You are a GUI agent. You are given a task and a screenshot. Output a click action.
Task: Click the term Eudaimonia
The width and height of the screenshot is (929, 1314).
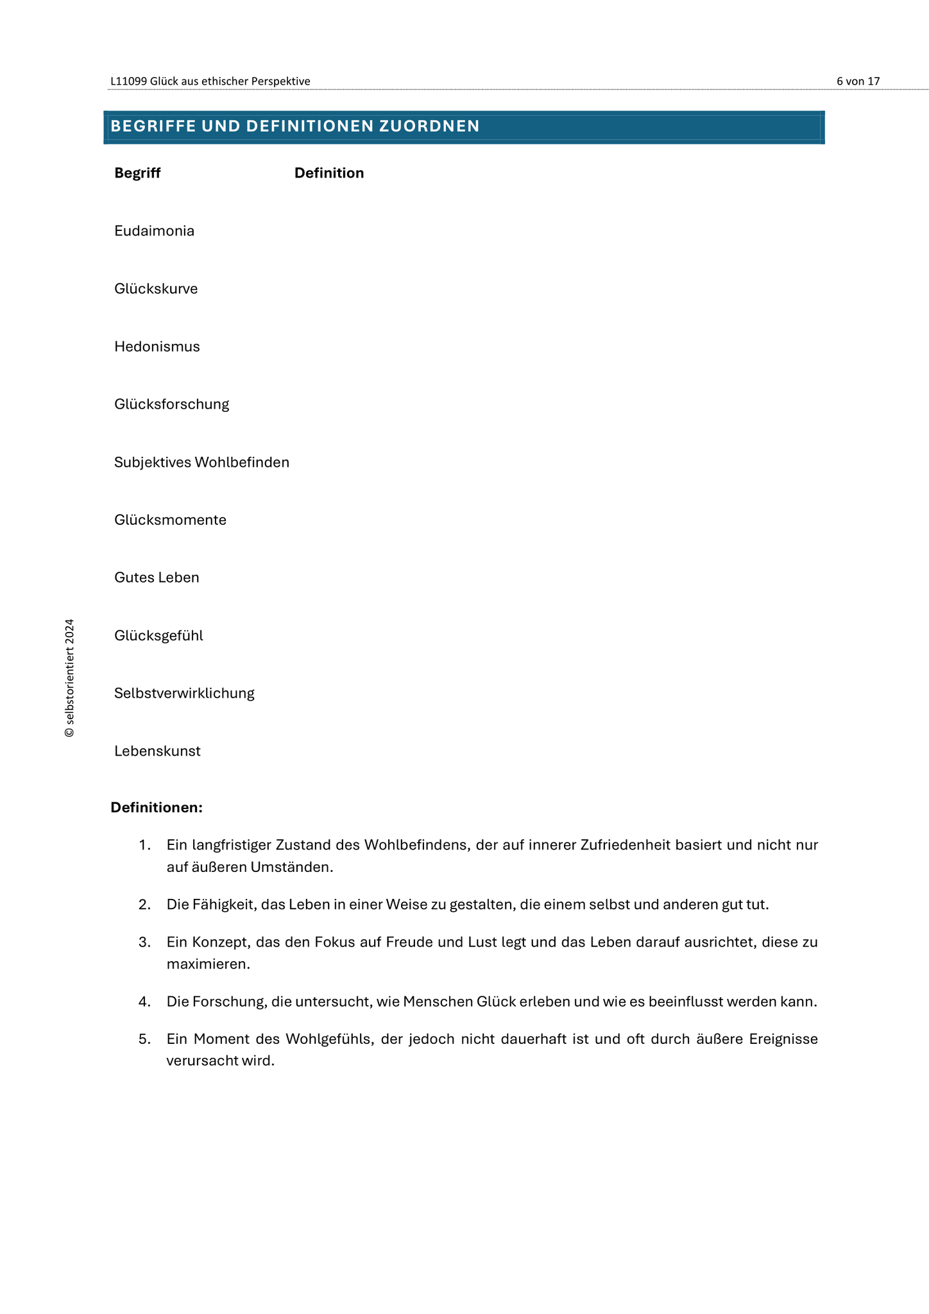154,231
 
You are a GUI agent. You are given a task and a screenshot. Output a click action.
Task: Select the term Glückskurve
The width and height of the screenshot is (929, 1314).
156,289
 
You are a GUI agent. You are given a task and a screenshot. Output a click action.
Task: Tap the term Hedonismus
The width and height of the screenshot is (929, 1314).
157,346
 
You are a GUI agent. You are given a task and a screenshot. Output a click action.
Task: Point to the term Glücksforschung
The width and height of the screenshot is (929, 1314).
172,404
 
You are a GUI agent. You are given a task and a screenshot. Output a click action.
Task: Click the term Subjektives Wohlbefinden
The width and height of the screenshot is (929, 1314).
201,462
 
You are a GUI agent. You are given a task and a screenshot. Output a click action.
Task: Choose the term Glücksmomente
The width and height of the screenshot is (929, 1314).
170,520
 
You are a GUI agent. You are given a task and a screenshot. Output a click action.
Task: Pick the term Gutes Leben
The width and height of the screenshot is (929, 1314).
157,577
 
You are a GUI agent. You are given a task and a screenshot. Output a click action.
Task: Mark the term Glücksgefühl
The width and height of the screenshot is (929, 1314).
158,636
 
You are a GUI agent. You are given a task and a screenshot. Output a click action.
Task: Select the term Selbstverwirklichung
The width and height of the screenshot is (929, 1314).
184,694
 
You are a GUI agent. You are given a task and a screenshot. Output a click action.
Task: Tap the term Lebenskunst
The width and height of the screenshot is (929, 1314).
157,751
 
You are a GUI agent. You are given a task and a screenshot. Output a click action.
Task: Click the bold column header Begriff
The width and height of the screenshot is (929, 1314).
137,173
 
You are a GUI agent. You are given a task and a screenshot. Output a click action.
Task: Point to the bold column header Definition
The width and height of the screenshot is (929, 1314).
329,173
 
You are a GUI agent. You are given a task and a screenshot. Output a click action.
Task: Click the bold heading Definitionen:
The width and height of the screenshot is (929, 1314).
157,807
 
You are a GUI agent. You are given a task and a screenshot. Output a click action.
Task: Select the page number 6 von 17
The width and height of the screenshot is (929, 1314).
858,81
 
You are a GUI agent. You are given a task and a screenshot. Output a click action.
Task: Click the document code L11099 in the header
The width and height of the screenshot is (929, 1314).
128,81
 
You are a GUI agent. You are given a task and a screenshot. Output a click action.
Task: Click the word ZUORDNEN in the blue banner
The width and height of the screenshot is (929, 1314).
429,126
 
